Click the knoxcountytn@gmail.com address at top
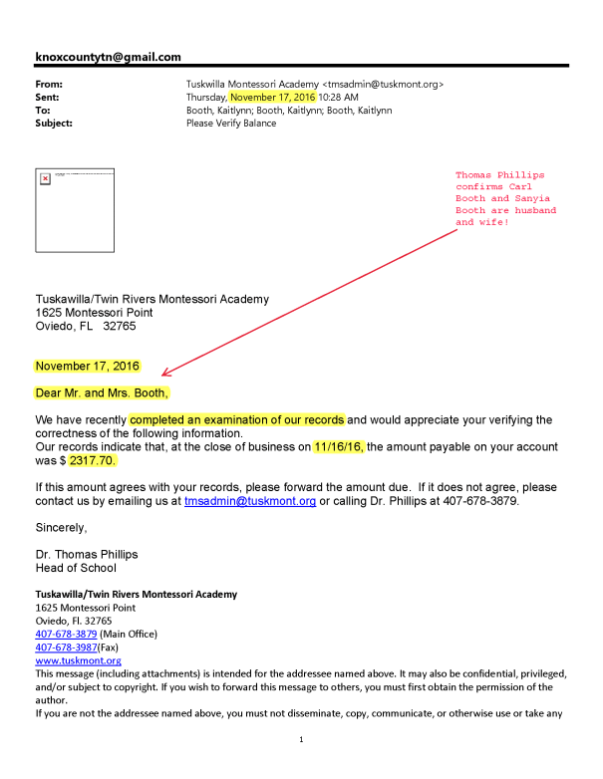[108, 58]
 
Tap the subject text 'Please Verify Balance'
[231, 124]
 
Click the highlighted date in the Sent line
[272, 98]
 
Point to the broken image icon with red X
[45, 178]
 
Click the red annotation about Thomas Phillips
[505, 198]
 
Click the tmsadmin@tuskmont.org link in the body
[250, 502]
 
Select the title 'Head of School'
[76, 568]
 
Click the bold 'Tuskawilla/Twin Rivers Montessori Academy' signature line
[136, 595]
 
